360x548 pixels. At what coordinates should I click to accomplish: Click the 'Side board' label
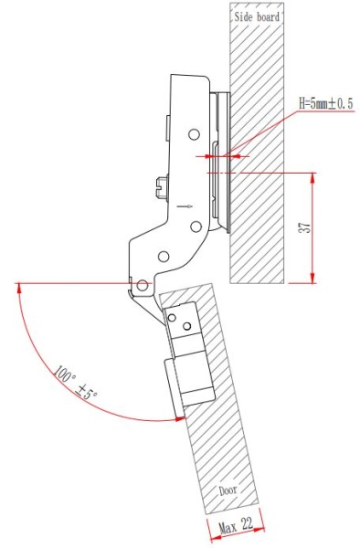257,16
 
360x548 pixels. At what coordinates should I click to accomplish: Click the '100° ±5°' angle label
76,384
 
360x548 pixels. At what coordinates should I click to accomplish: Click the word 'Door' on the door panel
228,490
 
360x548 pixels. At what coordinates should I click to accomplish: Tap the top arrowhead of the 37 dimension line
313,176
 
